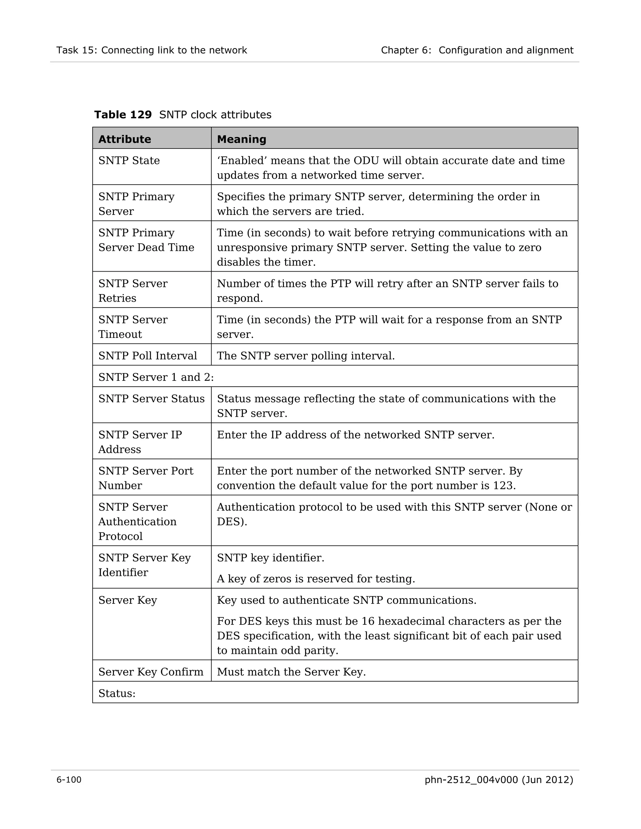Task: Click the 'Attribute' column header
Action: [125, 139]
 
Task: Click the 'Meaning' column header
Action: [242, 139]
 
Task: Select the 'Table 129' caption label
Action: [123, 114]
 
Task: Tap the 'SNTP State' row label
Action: [129, 160]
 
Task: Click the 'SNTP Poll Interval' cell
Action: [148, 356]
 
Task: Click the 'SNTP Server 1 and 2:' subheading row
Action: [156, 377]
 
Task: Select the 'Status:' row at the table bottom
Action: [117, 694]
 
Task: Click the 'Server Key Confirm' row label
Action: [151, 672]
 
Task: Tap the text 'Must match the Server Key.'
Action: [291, 672]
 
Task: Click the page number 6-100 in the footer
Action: [69, 780]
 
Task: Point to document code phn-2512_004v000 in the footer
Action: [471, 780]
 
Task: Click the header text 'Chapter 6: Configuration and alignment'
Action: [477, 50]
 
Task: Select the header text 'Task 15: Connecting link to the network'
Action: [151, 50]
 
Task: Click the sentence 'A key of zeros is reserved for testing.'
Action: [316, 578]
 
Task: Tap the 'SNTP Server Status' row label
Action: [151, 399]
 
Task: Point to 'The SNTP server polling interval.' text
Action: [306, 356]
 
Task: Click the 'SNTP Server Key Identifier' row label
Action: [144, 565]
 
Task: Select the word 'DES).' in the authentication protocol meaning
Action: [232, 521]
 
